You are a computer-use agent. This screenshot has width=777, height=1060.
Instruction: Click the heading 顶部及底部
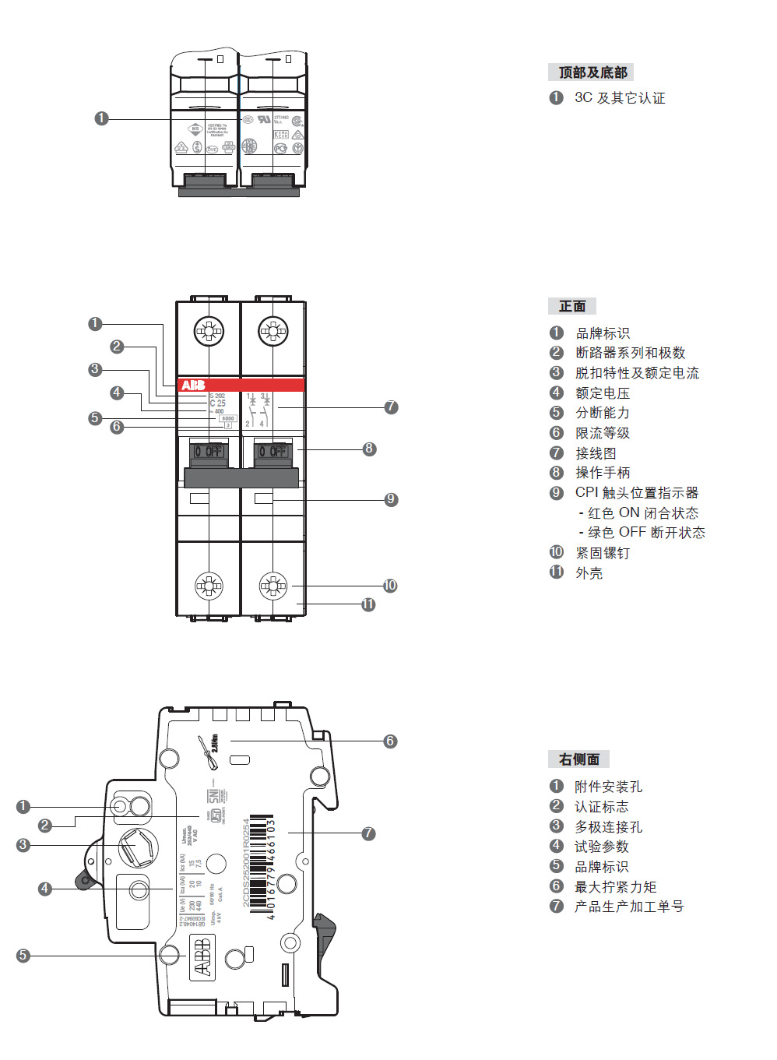point(592,72)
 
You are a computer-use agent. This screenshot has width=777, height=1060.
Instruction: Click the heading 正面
point(572,306)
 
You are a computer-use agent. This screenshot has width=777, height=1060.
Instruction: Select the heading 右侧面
point(579,759)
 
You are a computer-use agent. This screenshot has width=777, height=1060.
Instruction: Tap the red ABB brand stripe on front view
point(241,385)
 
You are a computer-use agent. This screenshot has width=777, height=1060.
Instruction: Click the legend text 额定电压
point(603,393)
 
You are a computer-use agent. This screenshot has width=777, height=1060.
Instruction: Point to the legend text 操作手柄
point(603,473)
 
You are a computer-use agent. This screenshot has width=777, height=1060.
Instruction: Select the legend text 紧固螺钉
point(603,553)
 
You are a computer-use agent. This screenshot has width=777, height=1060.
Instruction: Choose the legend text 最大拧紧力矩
point(615,887)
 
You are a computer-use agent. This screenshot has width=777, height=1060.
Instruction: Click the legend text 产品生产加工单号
point(629,907)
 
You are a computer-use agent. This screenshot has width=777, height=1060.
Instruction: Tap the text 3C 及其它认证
point(620,98)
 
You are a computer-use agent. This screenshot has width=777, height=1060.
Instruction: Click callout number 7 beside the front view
point(391,407)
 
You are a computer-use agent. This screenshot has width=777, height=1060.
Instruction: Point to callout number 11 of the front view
point(368,604)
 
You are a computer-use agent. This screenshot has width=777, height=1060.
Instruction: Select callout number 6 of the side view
point(390,741)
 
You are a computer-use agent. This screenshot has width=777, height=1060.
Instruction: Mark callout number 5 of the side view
point(23,956)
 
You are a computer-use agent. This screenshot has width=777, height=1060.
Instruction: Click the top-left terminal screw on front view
point(209,331)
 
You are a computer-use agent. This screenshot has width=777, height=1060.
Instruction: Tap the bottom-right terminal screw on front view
point(273,585)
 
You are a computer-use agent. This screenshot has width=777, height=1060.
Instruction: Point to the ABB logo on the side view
point(202,956)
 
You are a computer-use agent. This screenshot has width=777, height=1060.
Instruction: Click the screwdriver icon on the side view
point(209,752)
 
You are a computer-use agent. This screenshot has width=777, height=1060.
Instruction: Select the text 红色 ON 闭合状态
point(643,513)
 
